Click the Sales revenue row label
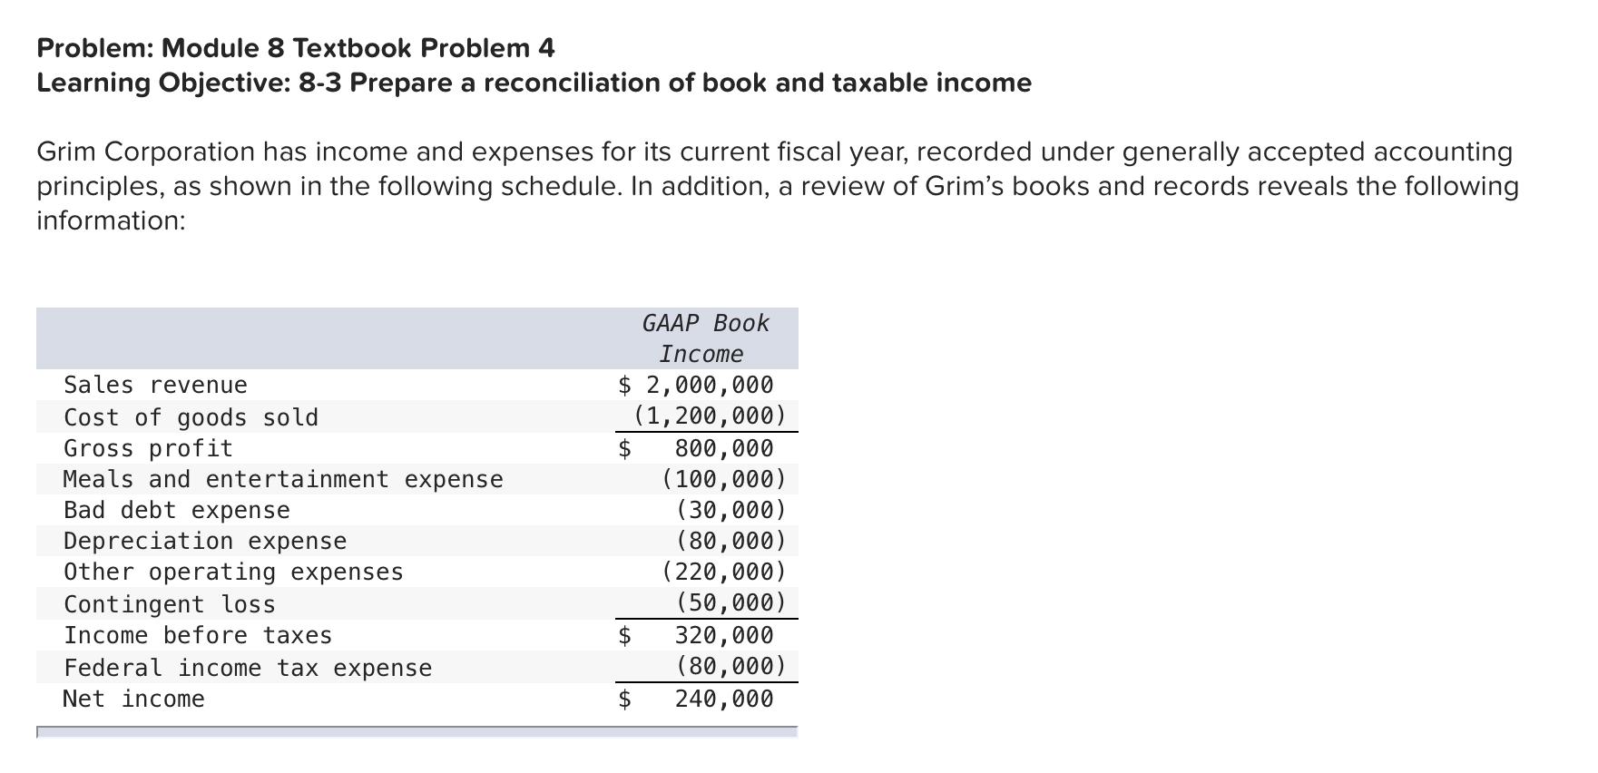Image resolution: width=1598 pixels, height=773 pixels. coord(155,386)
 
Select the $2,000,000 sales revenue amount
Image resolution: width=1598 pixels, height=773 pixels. coord(696,386)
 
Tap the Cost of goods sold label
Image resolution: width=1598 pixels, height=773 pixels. coord(191,417)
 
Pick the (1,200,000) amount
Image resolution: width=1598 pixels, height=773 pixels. coord(710,416)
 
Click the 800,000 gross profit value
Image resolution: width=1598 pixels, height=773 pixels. coord(723,448)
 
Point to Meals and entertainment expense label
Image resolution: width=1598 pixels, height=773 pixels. coord(282,479)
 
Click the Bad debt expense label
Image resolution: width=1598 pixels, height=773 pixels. coord(177,510)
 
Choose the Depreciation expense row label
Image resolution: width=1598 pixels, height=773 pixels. coord(205,541)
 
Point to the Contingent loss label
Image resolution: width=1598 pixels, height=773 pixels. coord(170,604)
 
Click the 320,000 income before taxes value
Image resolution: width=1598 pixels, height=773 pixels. coord(723,635)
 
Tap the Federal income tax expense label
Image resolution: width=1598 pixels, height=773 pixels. coord(248,668)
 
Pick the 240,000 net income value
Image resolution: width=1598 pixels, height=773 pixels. coord(723,699)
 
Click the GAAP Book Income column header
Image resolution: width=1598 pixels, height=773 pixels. coord(704,338)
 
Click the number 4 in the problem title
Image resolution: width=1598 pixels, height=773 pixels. coord(547,48)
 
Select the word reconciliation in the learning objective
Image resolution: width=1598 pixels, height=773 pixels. coord(572,83)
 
